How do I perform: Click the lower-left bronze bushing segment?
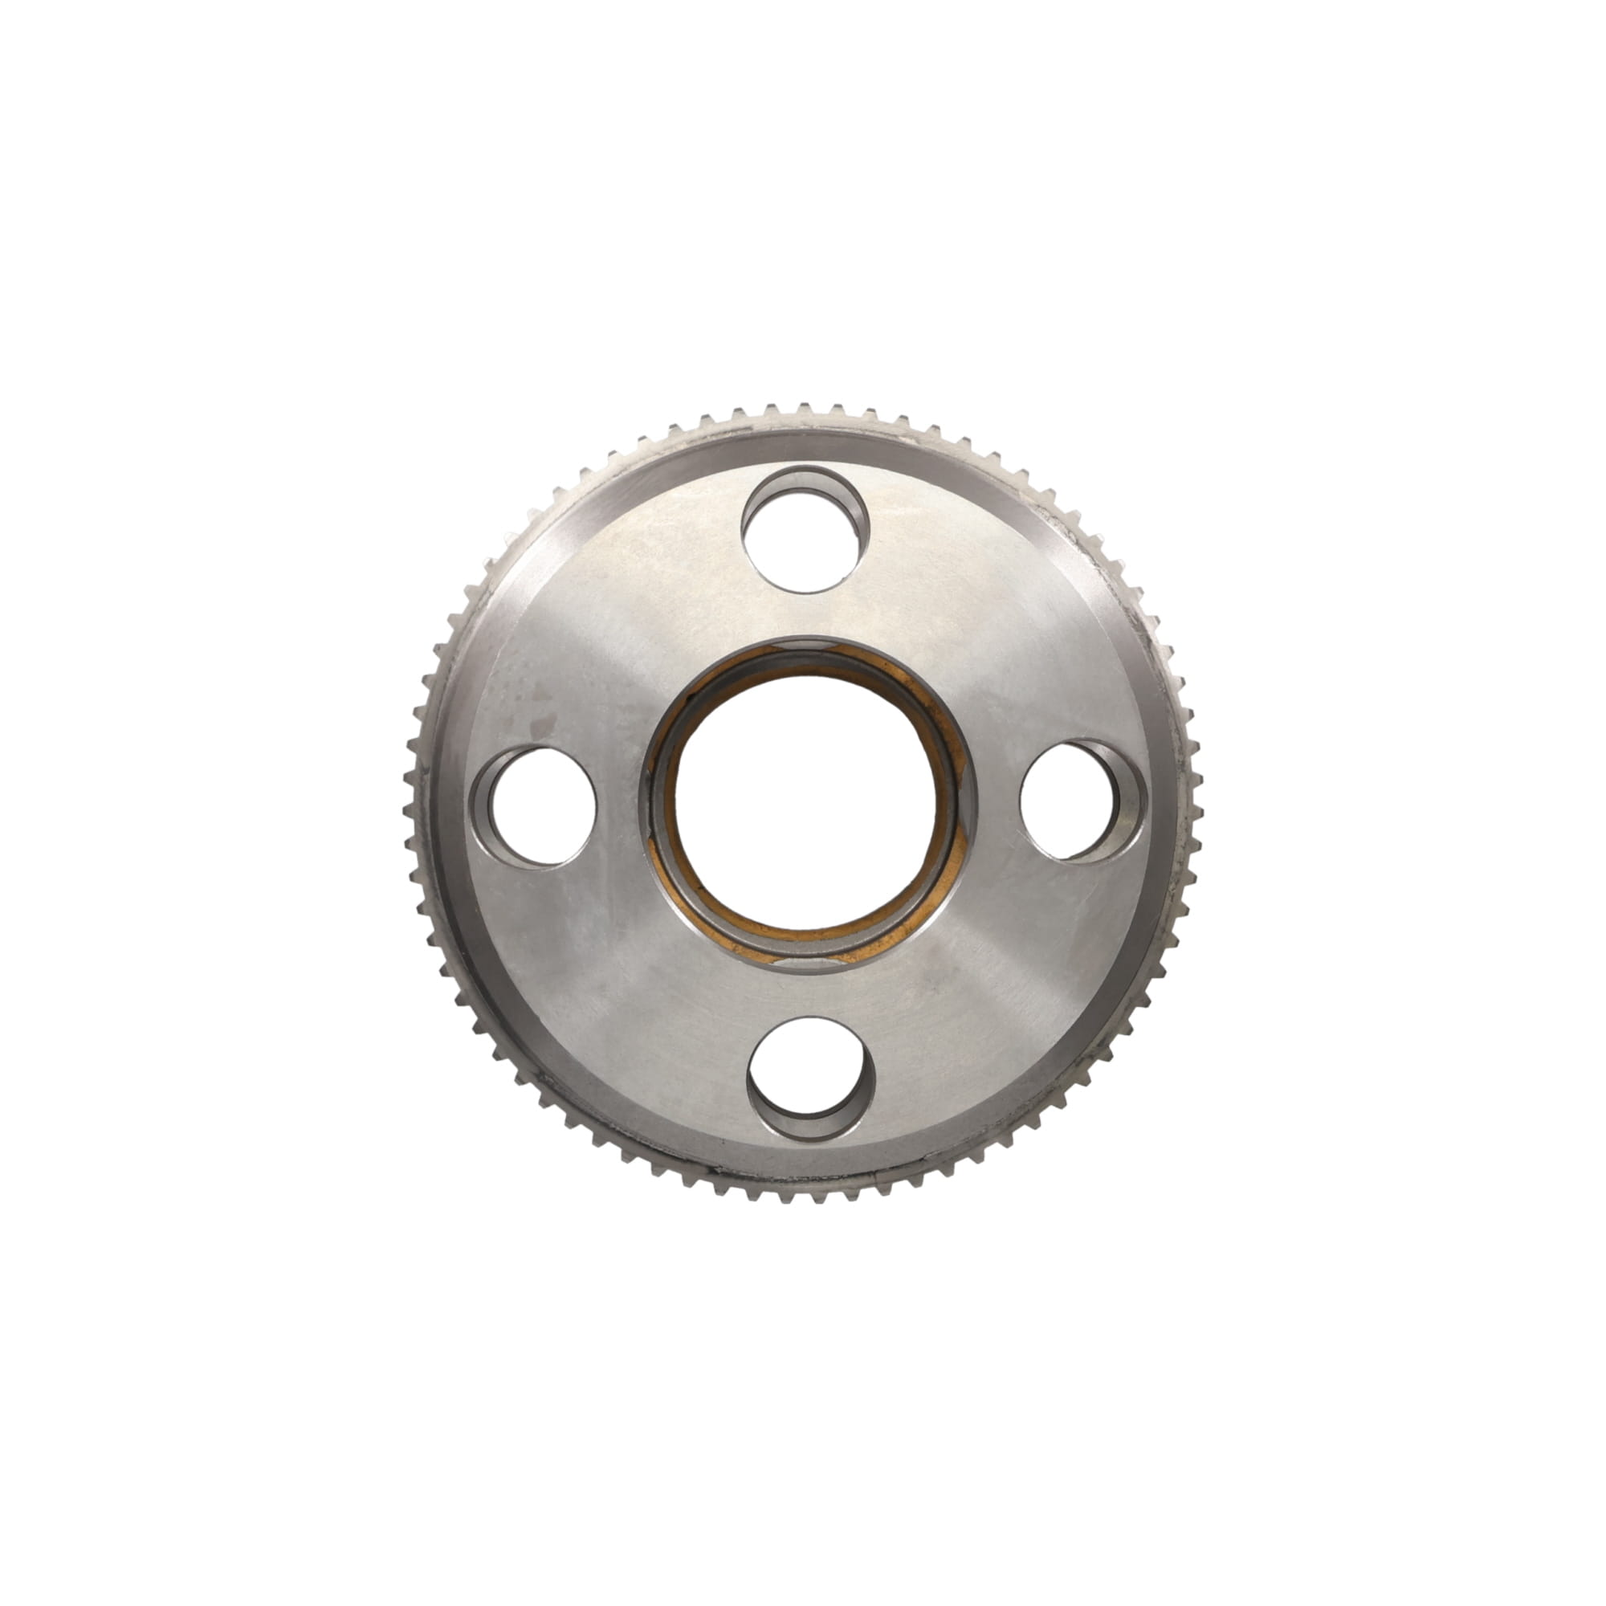click(690, 915)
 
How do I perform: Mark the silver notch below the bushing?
click(810, 964)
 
